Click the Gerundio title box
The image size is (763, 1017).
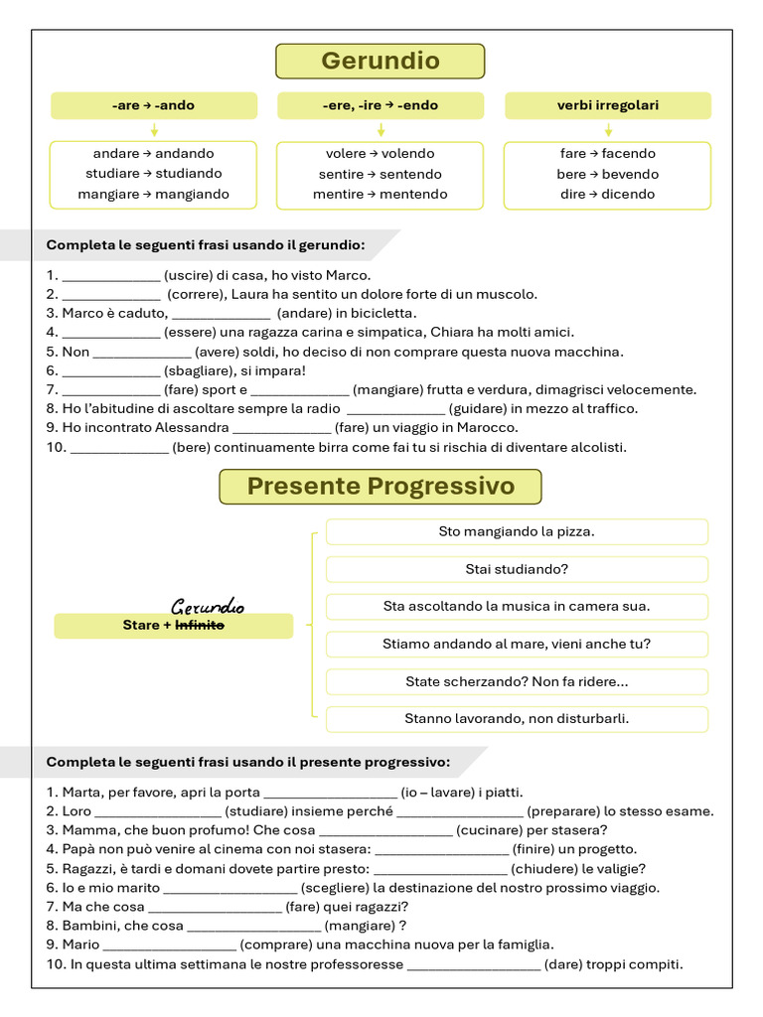[x=380, y=62]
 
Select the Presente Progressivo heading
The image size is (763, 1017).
[x=381, y=487]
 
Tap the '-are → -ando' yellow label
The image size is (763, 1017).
[x=154, y=105]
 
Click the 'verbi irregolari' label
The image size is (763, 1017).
[x=607, y=105]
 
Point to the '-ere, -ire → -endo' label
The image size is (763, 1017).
[x=381, y=105]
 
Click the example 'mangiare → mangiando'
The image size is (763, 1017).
[x=154, y=195]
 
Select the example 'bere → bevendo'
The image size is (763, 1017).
[x=607, y=174]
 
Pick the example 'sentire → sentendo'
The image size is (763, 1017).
[x=381, y=174]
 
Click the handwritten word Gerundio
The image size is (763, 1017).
[x=208, y=606]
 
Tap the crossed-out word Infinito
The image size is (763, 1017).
[x=200, y=626]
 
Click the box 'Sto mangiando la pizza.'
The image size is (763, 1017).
[x=517, y=531]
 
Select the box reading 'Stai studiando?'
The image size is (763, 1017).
[x=517, y=569]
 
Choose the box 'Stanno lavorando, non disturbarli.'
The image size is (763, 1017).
[x=517, y=718]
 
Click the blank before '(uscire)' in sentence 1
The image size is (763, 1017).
[x=111, y=276]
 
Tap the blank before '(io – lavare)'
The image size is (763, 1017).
[x=330, y=793]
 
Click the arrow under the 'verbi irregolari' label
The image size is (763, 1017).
[x=608, y=130]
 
